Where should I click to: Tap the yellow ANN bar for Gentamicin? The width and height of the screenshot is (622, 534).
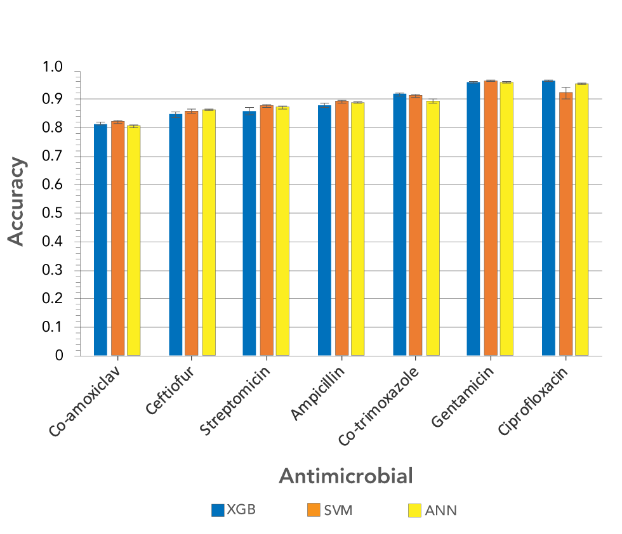[x=506, y=219]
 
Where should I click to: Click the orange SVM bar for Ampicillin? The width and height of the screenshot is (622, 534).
[x=341, y=228]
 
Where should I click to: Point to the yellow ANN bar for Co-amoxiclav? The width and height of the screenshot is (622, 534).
[x=133, y=241]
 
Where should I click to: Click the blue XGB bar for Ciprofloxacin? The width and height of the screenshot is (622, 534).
[x=548, y=218]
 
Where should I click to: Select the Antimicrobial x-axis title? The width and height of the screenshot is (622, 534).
[x=346, y=476]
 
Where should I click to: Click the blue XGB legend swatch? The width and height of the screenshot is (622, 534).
[x=218, y=510]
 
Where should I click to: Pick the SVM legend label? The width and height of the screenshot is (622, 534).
[x=338, y=510]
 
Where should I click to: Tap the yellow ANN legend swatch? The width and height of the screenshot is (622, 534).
[x=414, y=510]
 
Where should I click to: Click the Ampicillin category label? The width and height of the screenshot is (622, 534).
[x=317, y=393]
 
